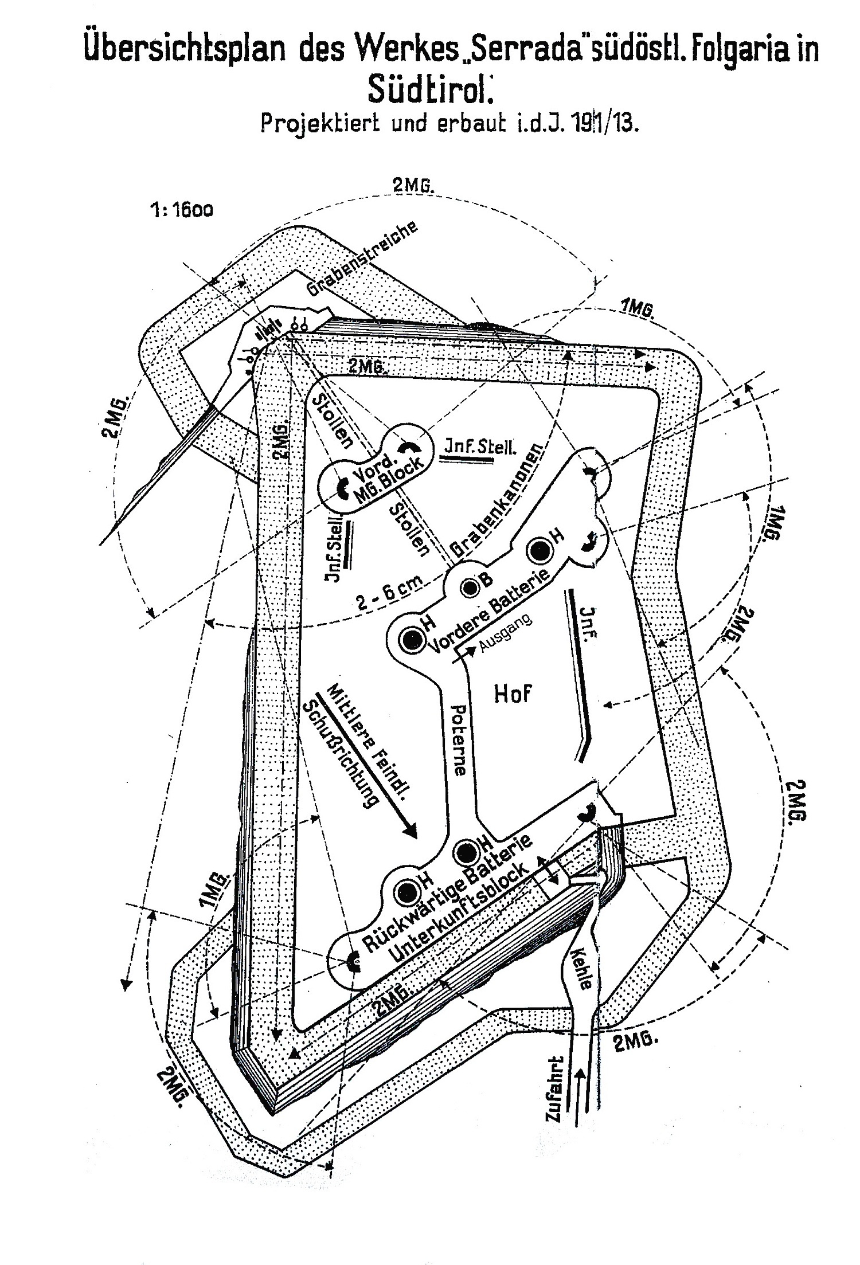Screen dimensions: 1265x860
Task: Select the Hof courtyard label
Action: (x=513, y=694)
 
